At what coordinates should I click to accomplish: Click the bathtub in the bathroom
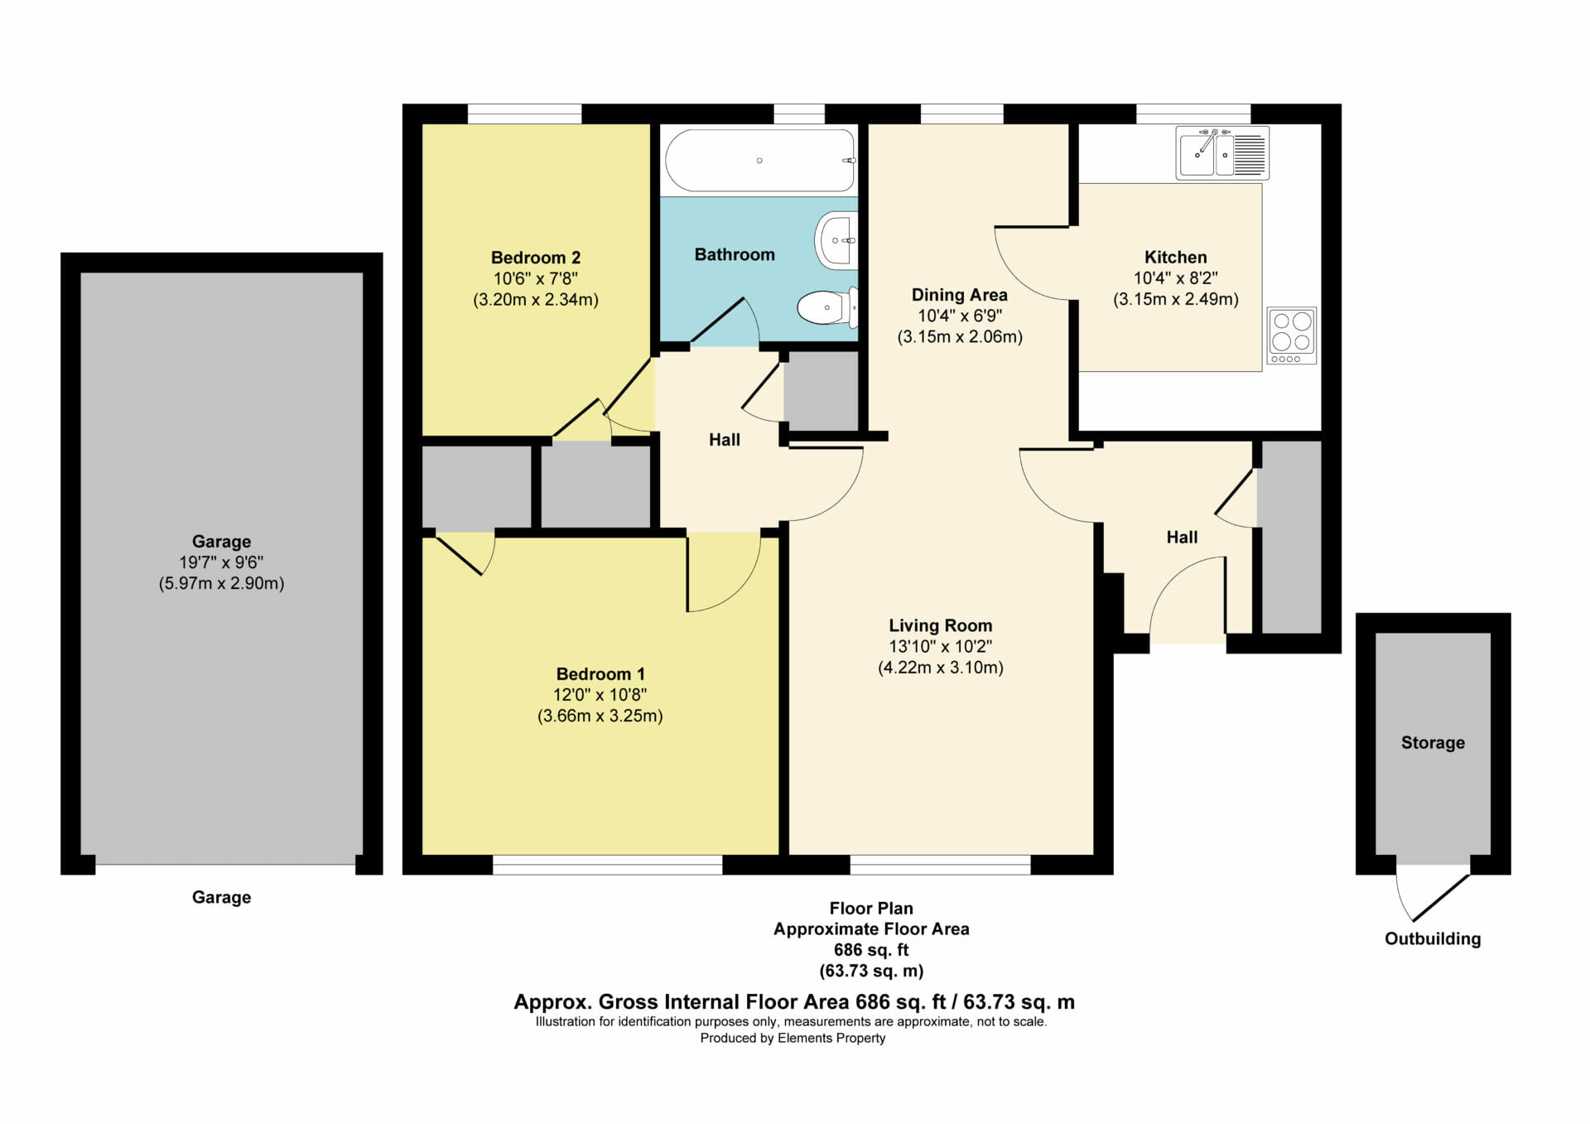click(x=760, y=160)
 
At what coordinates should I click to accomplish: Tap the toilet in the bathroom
click(x=826, y=307)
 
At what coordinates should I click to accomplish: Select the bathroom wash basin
click(x=836, y=240)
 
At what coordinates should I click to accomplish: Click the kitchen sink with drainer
click(x=1222, y=153)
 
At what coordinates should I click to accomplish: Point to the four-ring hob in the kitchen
click(x=1292, y=335)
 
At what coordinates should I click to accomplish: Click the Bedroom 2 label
click(x=536, y=258)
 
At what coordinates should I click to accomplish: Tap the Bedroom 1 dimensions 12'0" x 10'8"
click(x=600, y=695)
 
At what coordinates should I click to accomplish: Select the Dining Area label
click(x=960, y=295)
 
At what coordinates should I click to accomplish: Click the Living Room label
click(x=941, y=625)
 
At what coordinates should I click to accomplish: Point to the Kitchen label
click(x=1176, y=257)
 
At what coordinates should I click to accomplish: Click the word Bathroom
click(x=735, y=254)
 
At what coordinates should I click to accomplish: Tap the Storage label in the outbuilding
click(x=1433, y=743)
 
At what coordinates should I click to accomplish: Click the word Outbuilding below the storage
click(x=1433, y=938)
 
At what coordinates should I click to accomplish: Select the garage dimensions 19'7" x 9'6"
click(x=221, y=562)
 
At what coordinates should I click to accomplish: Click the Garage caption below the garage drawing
click(x=221, y=897)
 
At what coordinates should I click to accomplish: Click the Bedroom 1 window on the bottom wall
click(x=608, y=865)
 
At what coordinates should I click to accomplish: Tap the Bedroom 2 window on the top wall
click(x=524, y=113)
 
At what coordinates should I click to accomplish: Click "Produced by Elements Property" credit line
click(x=793, y=1038)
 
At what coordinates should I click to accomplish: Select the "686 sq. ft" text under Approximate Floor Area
click(x=871, y=950)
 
